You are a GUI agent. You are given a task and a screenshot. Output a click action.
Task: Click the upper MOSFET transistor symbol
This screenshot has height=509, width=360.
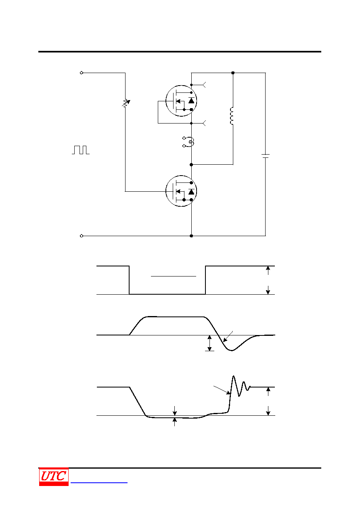(x=181, y=101)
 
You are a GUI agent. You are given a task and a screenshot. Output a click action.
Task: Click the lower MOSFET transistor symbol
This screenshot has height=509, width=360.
(x=181, y=191)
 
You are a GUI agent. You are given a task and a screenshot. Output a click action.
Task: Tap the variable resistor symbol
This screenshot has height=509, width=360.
(x=126, y=103)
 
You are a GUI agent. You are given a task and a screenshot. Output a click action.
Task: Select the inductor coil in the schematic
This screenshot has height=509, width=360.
(x=231, y=116)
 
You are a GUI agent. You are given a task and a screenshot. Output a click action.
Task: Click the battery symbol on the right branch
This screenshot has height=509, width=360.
(x=265, y=156)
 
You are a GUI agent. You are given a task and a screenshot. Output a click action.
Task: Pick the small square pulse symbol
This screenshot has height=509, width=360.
(x=81, y=150)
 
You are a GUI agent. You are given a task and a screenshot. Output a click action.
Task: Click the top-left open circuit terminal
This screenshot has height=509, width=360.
(x=82, y=73)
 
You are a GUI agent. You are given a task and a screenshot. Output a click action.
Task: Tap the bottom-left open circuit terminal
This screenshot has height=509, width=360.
(x=82, y=236)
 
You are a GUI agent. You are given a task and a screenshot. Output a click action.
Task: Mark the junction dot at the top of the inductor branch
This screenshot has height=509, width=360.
(x=233, y=73)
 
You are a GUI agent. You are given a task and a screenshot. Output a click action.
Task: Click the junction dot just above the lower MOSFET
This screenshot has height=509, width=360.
(x=191, y=165)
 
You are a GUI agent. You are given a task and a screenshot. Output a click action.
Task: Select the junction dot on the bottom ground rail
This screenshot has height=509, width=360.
(x=191, y=236)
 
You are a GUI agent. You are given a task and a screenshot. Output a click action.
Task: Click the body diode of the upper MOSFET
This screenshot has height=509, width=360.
(x=191, y=101)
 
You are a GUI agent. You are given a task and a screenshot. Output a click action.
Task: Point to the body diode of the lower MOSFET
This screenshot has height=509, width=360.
(x=191, y=192)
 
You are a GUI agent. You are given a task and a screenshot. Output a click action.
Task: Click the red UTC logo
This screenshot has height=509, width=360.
(x=54, y=477)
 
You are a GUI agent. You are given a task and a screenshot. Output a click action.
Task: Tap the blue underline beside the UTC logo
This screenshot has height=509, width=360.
(x=99, y=483)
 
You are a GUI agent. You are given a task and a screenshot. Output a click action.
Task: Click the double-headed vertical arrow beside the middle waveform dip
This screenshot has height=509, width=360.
(x=209, y=343)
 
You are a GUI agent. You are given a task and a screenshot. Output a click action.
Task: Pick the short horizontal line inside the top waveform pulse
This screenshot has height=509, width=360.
(x=174, y=276)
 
